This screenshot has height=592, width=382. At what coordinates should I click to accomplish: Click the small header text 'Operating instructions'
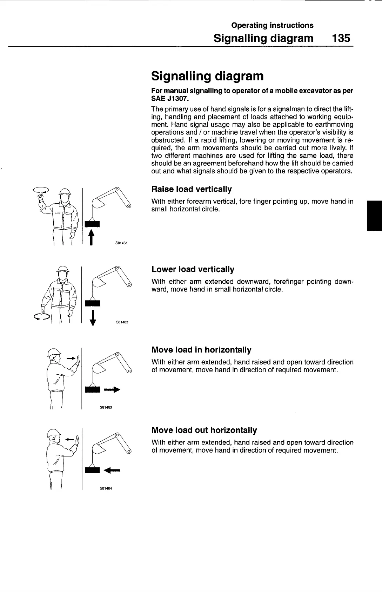272,25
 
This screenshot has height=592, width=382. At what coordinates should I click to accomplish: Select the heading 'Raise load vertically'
191,189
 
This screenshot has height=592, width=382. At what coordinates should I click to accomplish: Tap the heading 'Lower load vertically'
193,269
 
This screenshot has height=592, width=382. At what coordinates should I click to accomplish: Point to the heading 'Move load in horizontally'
201,350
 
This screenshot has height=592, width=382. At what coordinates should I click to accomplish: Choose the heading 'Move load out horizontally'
204,430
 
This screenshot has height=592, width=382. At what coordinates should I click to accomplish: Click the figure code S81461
121,242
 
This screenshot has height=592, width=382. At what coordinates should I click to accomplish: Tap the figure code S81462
121,322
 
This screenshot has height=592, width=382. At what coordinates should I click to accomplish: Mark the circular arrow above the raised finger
41,190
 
